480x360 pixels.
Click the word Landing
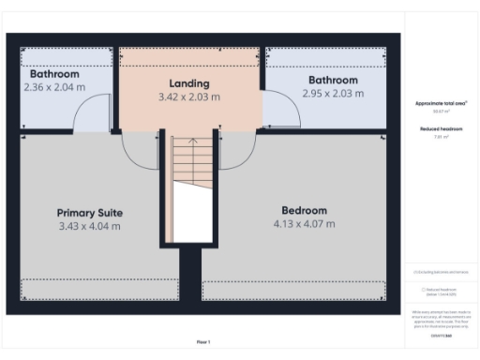click(x=188, y=82)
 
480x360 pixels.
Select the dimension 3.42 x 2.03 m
click(x=188, y=96)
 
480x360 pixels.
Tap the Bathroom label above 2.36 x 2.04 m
click(x=54, y=73)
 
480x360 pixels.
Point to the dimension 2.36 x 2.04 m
click(x=54, y=86)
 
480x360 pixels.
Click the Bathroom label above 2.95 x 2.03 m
click(x=333, y=80)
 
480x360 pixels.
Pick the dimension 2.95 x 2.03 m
click(x=333, y=93)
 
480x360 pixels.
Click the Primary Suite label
click(x=90, y=212)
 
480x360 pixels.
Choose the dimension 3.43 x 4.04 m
click(x=90, y=226)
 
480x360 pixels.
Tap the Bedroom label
click(x=304, y=210)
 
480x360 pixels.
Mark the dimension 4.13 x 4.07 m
click(x=304, y=224)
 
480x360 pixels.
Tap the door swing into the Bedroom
click(x=239, y=150)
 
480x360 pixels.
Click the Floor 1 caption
click(x=203, y=341)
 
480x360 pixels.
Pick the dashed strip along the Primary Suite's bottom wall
click(x=98, y=289)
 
